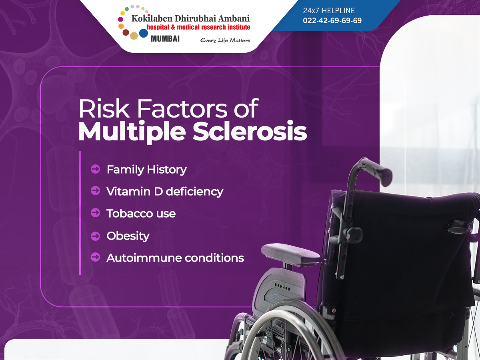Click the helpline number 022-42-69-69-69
coord(332,20)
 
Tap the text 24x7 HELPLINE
coord(329,10)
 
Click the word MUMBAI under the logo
coord(165,39)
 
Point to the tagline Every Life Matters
coord(225,40)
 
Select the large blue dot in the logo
coord(144,33)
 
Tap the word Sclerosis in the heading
coord(250,131)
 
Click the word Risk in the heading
coord(104,109)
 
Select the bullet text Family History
coord(147,170)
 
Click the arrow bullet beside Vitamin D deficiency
coord(95,191)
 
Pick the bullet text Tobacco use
coord(141,214)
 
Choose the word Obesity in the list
coord(128,236)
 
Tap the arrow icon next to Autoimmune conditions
coord(95,257)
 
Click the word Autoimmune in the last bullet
coord(144,258)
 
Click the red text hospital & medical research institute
coord(198,27)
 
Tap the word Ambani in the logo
coord(234,18)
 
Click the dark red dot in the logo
coord(126,32)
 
